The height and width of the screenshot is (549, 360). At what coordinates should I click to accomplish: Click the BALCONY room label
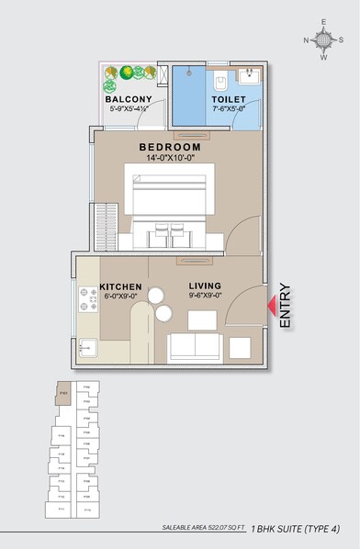[x=129, y=98]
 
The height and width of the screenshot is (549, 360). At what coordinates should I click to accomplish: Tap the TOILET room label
[x=229, y=98]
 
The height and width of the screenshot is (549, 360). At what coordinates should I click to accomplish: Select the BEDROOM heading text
[x=170, y=147]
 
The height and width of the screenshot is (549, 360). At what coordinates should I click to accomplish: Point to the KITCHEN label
[x=120, y=286]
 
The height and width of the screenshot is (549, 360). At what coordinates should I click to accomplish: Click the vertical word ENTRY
[x=285, y=306]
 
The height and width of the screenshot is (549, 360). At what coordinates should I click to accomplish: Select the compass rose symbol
[x=323, y=39]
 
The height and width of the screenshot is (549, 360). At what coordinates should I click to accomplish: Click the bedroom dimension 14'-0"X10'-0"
[x=170, y=157]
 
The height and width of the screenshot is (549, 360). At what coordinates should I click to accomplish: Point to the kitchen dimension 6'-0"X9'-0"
[x=120, y=295]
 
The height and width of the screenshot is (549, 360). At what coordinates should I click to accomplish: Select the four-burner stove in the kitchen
[x=90, y=297]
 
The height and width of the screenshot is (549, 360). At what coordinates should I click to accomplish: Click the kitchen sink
[x=89, y=347]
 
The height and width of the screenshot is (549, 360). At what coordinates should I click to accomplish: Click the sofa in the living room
[x=195, y=346]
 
